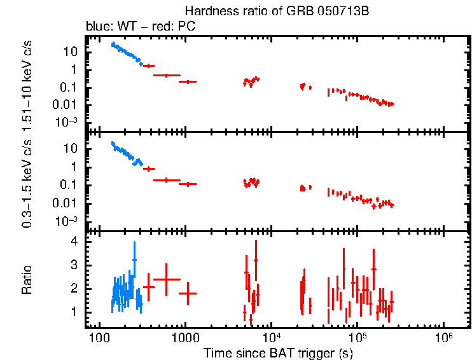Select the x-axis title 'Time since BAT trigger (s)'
coord(278,352)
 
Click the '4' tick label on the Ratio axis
coord(74,242)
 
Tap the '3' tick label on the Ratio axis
coord(74,265)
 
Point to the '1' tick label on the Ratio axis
coord(74,312)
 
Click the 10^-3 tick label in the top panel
coord(69,122)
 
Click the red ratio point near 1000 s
coord(188,293)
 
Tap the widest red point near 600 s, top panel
coord(166,75)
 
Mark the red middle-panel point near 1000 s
coord(188,184)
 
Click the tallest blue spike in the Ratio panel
coord(134,244)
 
